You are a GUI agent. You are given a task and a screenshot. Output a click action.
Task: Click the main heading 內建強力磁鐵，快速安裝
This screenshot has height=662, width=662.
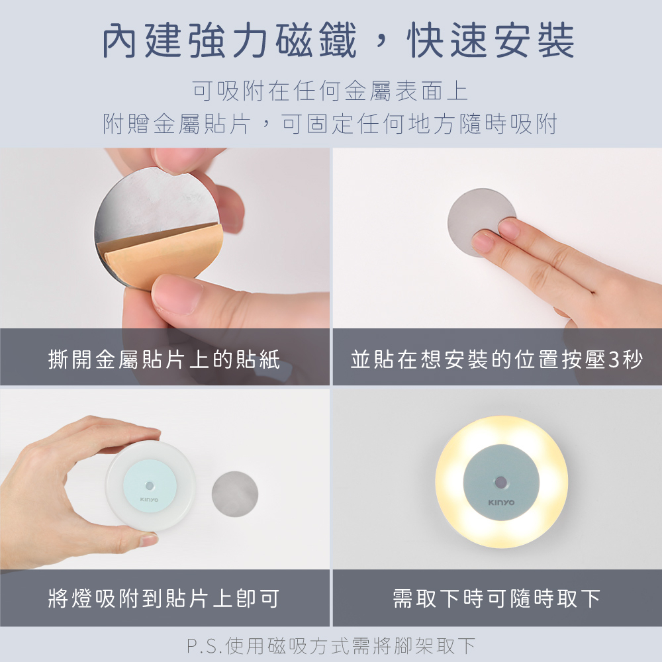(x=338, y=40)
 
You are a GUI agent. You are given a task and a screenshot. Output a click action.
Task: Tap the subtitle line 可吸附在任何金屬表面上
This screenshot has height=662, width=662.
(x=330, y=91)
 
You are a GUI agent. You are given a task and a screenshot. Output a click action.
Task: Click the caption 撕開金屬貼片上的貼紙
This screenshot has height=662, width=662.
(x=164, y=359)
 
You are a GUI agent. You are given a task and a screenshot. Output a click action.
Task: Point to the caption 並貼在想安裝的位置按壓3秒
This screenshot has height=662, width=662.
(x=497, y=359)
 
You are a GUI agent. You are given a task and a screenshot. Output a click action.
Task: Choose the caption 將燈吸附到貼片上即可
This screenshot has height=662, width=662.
(x=164, y=598)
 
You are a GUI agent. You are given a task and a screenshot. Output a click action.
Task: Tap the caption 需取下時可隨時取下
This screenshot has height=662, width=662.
(x=496, y=598)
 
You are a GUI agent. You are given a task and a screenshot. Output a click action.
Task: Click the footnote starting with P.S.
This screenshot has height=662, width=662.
(x=331, y=645)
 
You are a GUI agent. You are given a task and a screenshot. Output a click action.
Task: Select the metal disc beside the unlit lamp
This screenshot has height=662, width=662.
(x=235, y=494)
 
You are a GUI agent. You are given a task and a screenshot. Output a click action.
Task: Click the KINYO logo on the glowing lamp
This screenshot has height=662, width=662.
(x=501, y=502)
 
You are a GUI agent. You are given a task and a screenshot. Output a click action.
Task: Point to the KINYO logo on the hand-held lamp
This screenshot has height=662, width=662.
(x=149, y=499)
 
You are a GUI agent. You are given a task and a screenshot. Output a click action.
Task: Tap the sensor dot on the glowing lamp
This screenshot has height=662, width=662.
(x=501, y=482)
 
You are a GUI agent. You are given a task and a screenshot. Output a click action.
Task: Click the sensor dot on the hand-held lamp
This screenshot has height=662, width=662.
(x=150, y=485)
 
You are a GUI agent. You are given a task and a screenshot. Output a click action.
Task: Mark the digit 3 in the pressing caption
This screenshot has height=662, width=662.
(x=615, y=359)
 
